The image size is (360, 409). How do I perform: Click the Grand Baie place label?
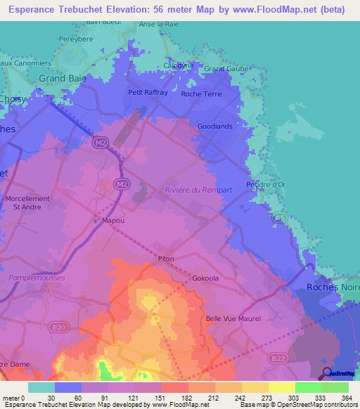62,79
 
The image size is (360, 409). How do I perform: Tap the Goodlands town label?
215,126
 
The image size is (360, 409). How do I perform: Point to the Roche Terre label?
201,93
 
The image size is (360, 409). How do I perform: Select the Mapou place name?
113,219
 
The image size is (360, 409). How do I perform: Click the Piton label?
166,259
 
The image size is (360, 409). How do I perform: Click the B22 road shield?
278,359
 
